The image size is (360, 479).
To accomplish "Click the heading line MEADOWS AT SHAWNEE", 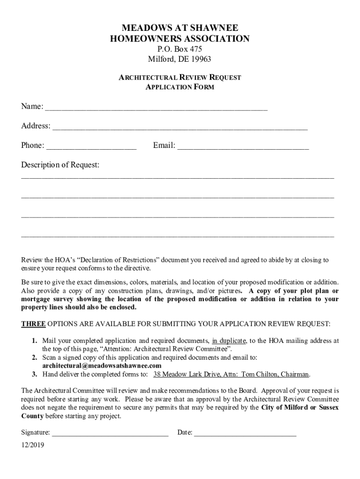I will click(180, 28).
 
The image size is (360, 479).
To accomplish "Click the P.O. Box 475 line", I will click(180, 49).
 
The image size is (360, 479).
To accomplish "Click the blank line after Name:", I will click(156, 108).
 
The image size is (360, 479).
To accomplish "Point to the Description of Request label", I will click(60, 165).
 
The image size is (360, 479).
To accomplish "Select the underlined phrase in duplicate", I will click(229, 341).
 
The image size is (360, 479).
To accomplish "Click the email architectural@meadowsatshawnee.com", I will click(102, 366).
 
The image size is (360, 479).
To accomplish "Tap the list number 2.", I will click(35, 357).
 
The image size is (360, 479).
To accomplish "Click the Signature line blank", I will click(110, 433).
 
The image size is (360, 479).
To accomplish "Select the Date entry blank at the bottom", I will click(245, 433).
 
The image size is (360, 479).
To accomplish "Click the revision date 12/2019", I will click(33, 445).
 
